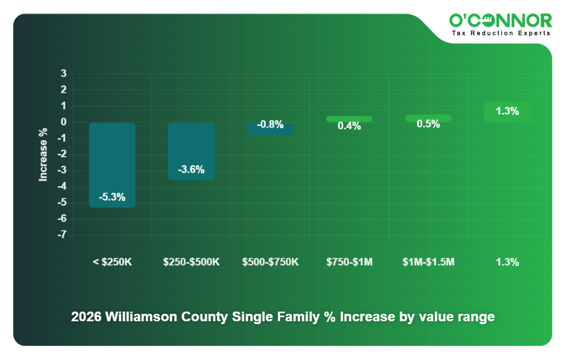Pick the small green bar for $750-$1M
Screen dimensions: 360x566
pos(349,118)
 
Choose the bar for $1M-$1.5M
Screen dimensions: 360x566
pos(428,118)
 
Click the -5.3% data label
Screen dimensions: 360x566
pos(112,197)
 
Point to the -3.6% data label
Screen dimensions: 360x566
pos(191,170)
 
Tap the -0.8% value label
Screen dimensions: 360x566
pos(270,125)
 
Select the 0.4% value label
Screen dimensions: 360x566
pos(349,126)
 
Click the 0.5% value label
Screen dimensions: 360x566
pos(428,124)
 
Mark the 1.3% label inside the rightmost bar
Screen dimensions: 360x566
pos(507,112)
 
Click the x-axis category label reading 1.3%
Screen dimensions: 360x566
pos(507,262)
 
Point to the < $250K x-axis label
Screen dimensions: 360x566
pos(112,262)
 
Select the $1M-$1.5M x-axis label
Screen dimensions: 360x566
pos(428,262)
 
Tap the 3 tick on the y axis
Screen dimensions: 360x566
pos(64,73)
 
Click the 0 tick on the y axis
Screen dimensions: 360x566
pos(64,122)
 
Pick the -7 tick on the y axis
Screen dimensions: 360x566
pos(62,235)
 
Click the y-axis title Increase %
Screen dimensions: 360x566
pos(43,154)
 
